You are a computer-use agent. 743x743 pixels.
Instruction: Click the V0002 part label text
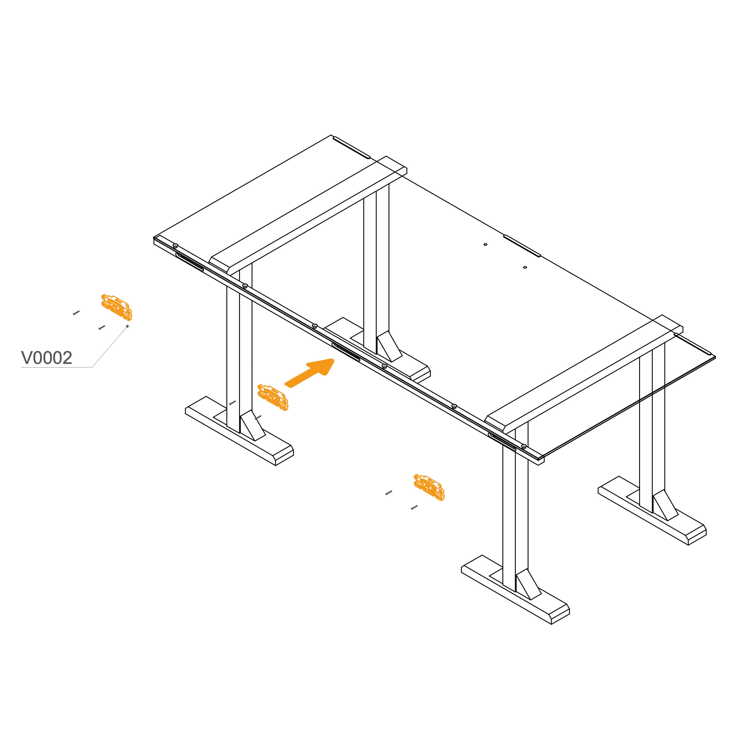click(x=46, y=358)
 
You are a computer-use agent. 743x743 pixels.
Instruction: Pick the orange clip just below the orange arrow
click(x=273, y=397)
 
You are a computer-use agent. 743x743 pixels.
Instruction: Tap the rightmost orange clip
click(x=429, y=487)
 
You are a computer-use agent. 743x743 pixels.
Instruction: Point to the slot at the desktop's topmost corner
click(x=351, y=147)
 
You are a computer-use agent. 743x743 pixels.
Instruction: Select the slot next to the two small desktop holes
click(x=522, y=245)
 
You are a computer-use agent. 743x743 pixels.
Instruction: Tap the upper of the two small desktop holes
click(x=485, y=244)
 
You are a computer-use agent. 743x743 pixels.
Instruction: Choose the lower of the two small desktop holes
click(x=525, y=267)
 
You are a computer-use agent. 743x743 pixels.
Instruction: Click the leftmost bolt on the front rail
click(x=175, y=245)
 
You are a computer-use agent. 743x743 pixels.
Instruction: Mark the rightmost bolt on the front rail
click(x=524, y=446)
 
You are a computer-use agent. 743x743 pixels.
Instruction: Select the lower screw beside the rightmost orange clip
click(x=414, y=508)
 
